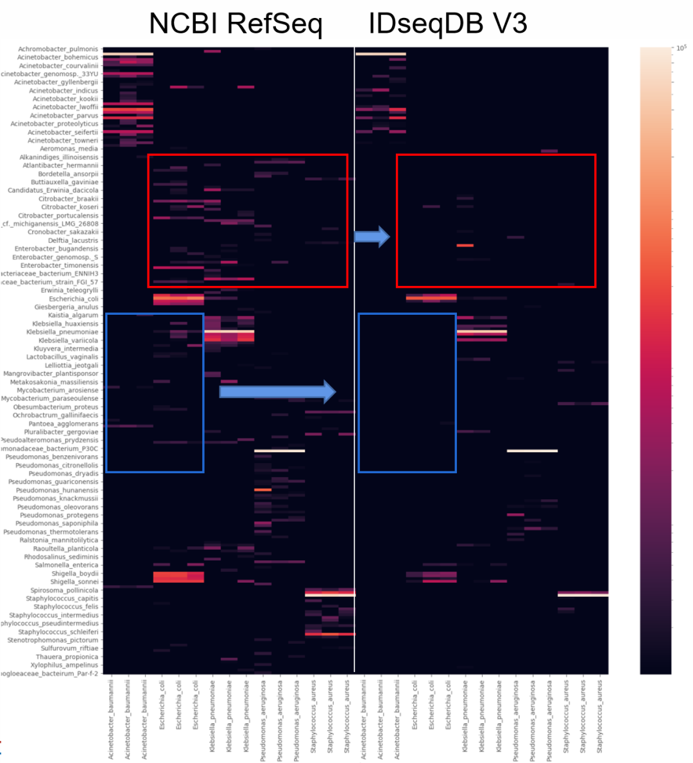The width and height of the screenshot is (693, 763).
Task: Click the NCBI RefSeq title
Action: pos(235,24)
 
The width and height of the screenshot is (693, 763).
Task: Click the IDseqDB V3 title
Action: pos(447,24)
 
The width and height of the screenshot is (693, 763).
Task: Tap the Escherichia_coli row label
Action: pos(74,299)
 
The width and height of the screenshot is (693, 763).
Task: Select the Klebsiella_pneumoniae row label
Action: pos(62,332)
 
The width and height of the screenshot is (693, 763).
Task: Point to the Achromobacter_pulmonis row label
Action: pos(58,49)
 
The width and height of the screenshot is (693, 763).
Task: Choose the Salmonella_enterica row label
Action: pos(66,566)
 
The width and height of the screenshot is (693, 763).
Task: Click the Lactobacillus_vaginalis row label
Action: pos(62,357)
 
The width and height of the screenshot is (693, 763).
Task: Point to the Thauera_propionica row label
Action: pos(67,657)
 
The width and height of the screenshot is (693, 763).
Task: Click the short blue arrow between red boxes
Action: pos(372,237)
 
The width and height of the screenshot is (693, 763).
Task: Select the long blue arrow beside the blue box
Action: pos(277,392)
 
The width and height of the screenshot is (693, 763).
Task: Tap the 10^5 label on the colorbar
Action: pos(681,48)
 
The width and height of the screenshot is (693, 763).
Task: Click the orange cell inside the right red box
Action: pos(465,245)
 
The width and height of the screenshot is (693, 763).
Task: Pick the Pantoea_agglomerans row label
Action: pos(64,424)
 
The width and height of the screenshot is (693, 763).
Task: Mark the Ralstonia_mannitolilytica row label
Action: pos(59,541)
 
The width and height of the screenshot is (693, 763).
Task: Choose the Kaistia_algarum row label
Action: pos(73,315)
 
